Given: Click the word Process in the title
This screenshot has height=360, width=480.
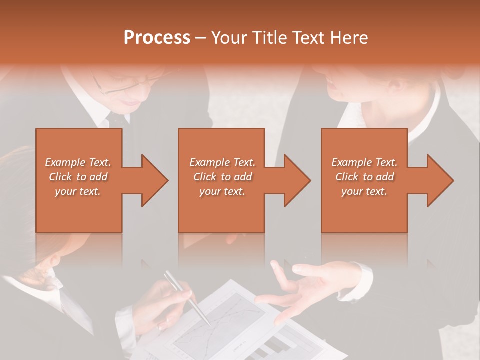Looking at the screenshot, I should (x=157, y=38).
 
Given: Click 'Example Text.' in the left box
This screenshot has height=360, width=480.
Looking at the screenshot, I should (x=78, y=162).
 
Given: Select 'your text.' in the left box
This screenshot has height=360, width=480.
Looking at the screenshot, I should (x=78, y=191).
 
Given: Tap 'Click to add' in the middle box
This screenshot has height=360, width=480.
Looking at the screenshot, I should (x=222, y=177).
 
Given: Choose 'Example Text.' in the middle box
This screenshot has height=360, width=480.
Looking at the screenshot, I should (x=222, y=162).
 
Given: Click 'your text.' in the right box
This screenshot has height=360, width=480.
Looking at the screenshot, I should (x=364, y=191).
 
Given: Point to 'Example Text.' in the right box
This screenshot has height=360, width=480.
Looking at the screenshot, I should (x=364, y=162).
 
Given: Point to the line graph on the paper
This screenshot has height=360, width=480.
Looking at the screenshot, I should (x=225, y=320).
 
